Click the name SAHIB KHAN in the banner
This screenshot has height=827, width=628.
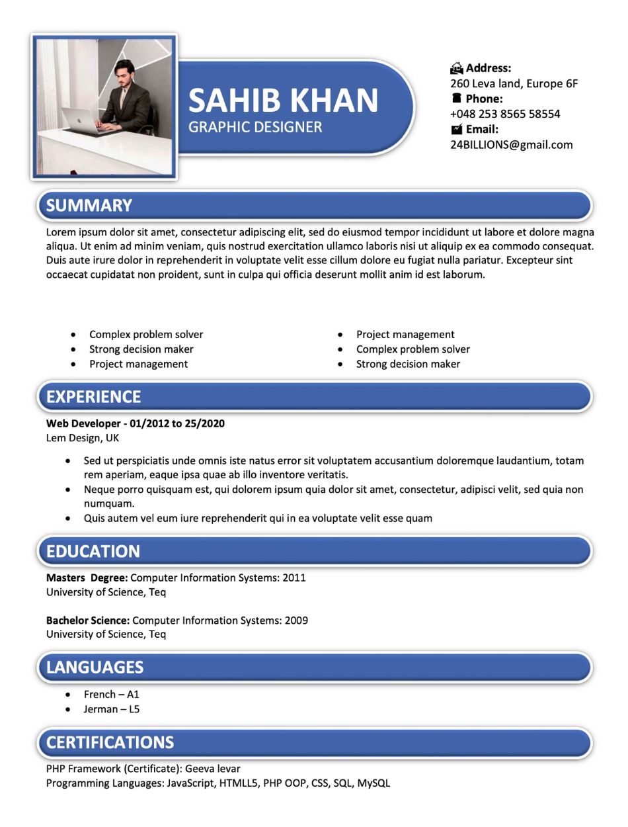(283, 100)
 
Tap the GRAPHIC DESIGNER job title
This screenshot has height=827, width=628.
(255, 127)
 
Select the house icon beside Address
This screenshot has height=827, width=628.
(457, 68)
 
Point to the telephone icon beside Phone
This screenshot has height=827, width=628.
(457, 99)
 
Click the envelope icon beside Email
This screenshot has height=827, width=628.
(457, 129)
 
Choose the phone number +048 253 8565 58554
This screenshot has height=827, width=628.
(505, 114)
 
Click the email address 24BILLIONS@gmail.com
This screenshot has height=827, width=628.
(511, 145)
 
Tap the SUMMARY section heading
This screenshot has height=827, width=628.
(89, 205)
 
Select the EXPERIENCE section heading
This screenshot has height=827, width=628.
(94, 396)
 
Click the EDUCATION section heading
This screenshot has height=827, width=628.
(93, 551)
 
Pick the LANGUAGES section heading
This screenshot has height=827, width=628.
(95, 667)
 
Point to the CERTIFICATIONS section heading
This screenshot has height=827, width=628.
(110, 742)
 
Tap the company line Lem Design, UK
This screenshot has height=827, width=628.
(83, 438)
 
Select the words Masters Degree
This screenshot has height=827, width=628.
(86, 578)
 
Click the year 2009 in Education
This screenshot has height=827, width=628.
(296, 621)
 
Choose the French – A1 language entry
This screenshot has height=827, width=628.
(111, 695)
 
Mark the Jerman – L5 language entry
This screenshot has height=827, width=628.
(111, 709)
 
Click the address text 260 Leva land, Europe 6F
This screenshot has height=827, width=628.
(514, 83)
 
